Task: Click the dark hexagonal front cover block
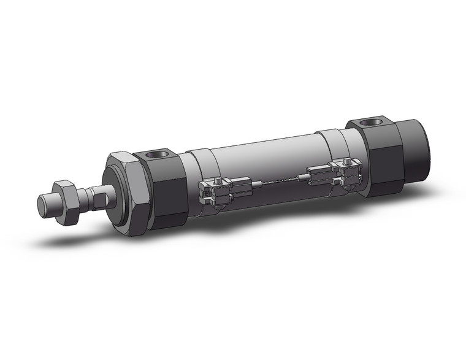[163, 187]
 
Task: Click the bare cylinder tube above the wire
[264, 156]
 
